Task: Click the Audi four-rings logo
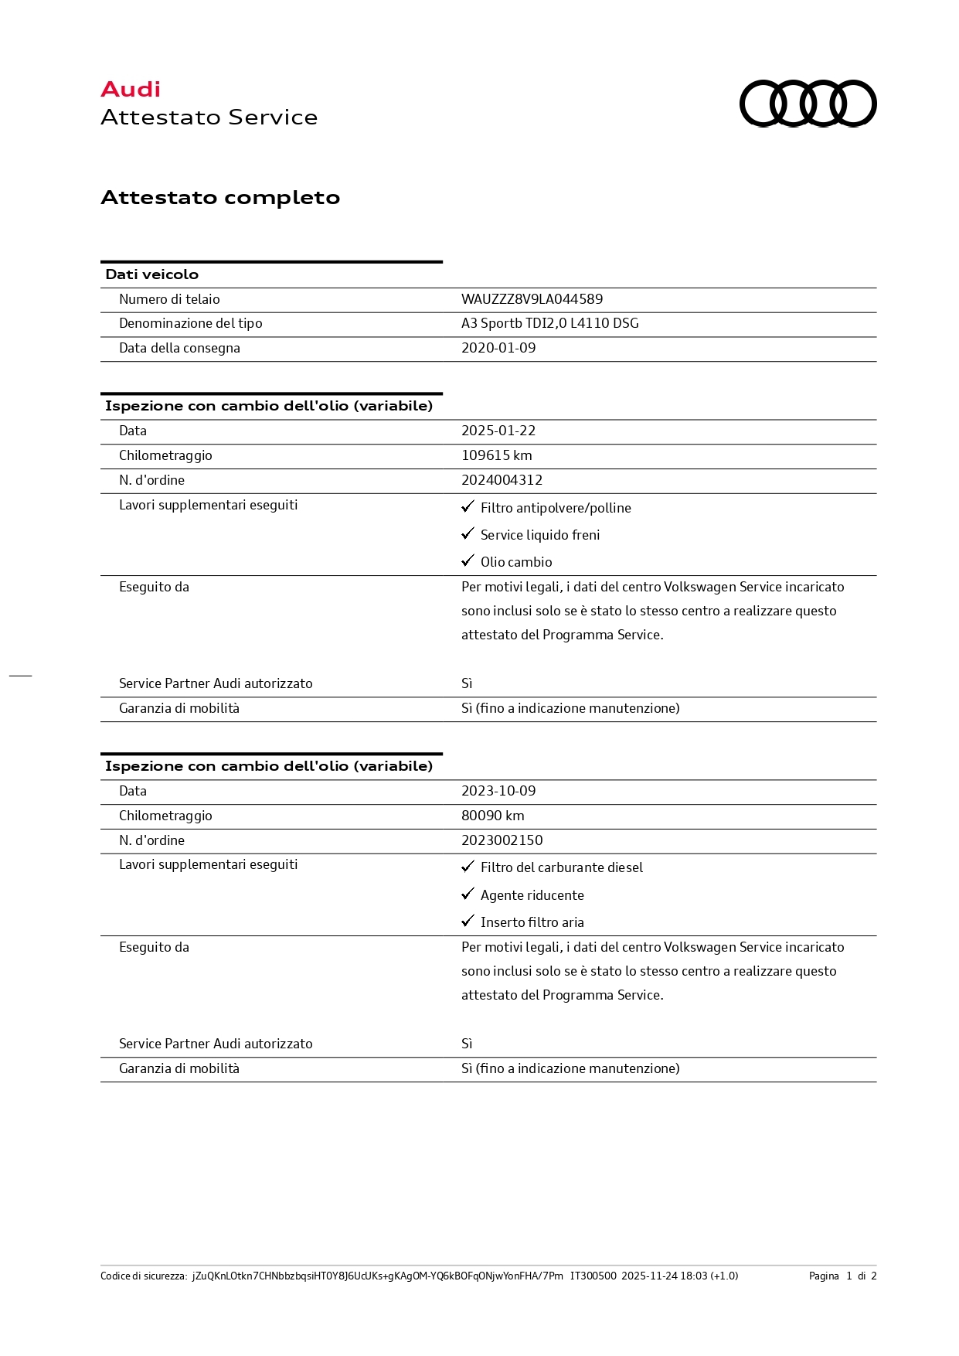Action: pos(808,103)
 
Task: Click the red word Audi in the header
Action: pos(131,90)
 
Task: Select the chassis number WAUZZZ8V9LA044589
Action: pos(532,299)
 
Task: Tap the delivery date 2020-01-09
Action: pos(498,348)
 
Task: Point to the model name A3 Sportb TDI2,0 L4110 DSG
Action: pos(549,323)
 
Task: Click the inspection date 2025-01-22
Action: pos(498,431)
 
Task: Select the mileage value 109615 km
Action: pos(496,455)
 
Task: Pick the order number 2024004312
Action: pos(502,480)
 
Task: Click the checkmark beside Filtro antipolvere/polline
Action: pos(468,507)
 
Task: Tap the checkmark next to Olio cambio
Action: pos(468,561)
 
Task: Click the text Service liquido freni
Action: pos(539,535)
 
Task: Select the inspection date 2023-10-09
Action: pos(498,791)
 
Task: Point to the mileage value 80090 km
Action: pos(492,816)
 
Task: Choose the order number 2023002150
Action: pos(502,840)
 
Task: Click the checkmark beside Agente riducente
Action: pos(468,894)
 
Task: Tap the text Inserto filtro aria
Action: pos(532,922)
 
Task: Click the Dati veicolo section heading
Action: pos(152,274)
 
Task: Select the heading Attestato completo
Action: pos(220,198)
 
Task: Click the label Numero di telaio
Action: pos(169,299)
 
